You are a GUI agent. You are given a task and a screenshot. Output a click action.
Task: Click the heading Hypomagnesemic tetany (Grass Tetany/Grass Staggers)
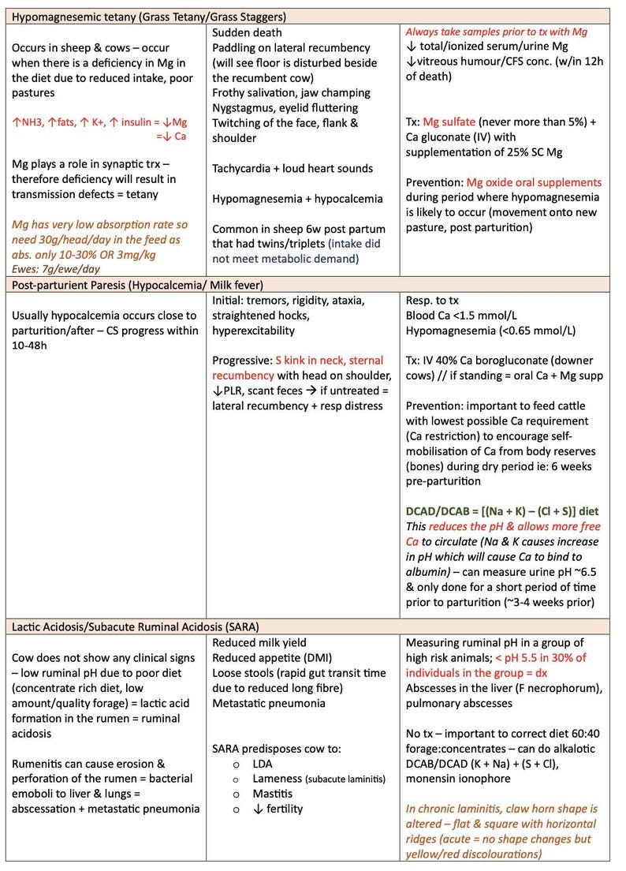(149, 16)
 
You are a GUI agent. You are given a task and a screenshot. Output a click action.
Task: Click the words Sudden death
(247, 33)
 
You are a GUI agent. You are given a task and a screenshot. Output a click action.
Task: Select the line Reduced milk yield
(259, 643)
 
